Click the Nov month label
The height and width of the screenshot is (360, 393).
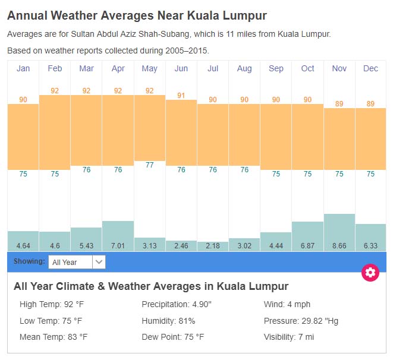pyautogui.click(x=339, y=68)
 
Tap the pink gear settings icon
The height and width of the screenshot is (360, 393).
pyautogui.click(x=370, y=273)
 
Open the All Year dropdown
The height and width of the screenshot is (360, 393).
pyautogui.click(x=77, y=262)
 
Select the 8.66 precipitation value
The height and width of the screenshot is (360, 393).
pyautogui.click(x=339, y=245)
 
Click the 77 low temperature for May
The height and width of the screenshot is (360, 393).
pyautogui.click(x=150, y=165)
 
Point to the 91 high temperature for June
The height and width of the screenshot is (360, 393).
pyautogui.click(x=181, y=95)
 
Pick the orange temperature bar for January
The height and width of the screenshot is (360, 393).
pyautogui.click(x=23, y=137)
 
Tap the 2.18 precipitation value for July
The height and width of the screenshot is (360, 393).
pyautogui.click(x=213, y=245)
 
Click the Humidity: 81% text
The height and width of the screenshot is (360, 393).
pyautogui.click(x=168, y=321)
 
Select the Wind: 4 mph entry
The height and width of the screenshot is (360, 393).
pyautogui.click(x=287, y=305)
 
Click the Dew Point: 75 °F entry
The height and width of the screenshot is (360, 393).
pyautogui.click(x=172, y=337)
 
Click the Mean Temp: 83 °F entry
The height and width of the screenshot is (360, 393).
pyautogui.click(x=54, y=337)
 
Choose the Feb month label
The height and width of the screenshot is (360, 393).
pyautogui.click(x=55, y=68)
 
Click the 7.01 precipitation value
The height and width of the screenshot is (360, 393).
pyautogui.click(x=118, y=245)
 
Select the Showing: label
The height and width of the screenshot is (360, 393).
pyautogui.click(x=29, y=261)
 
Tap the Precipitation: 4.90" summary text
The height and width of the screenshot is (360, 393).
pyautogui.click(x=177, y=305)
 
